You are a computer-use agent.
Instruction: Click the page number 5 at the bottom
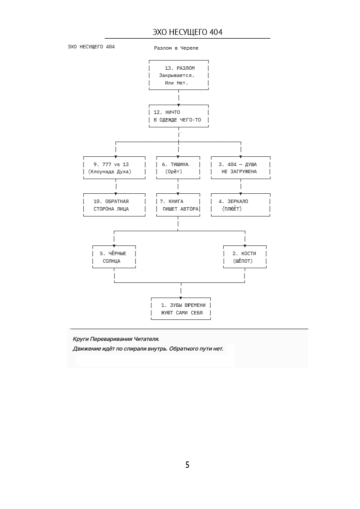pos(187,465)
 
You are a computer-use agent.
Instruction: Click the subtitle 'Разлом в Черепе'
pos(176,48)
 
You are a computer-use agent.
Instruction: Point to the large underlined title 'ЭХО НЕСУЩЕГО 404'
pos(188,32)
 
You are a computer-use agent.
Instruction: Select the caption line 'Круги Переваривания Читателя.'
pos(116,339)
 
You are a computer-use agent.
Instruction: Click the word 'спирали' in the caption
pos(135,348)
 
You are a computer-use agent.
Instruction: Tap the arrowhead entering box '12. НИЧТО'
pos(178,105)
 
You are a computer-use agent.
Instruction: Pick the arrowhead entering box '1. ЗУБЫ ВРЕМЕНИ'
pos(181,298)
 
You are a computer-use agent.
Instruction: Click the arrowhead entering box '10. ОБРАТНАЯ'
pos(116,194)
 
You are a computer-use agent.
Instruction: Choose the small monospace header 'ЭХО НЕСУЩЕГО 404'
pos(91,47)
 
